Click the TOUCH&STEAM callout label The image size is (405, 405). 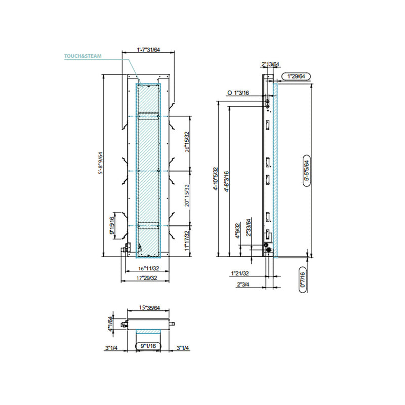[83, 57]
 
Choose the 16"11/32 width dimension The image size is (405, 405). [149, 269]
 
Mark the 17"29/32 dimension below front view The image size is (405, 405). [149, 278]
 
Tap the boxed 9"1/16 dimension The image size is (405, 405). [148, 347]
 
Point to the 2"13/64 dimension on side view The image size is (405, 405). [270, 64]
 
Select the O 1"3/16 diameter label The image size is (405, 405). [238, 93]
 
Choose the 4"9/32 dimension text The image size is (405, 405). [237, 232]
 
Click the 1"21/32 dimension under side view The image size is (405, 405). [239, 274]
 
